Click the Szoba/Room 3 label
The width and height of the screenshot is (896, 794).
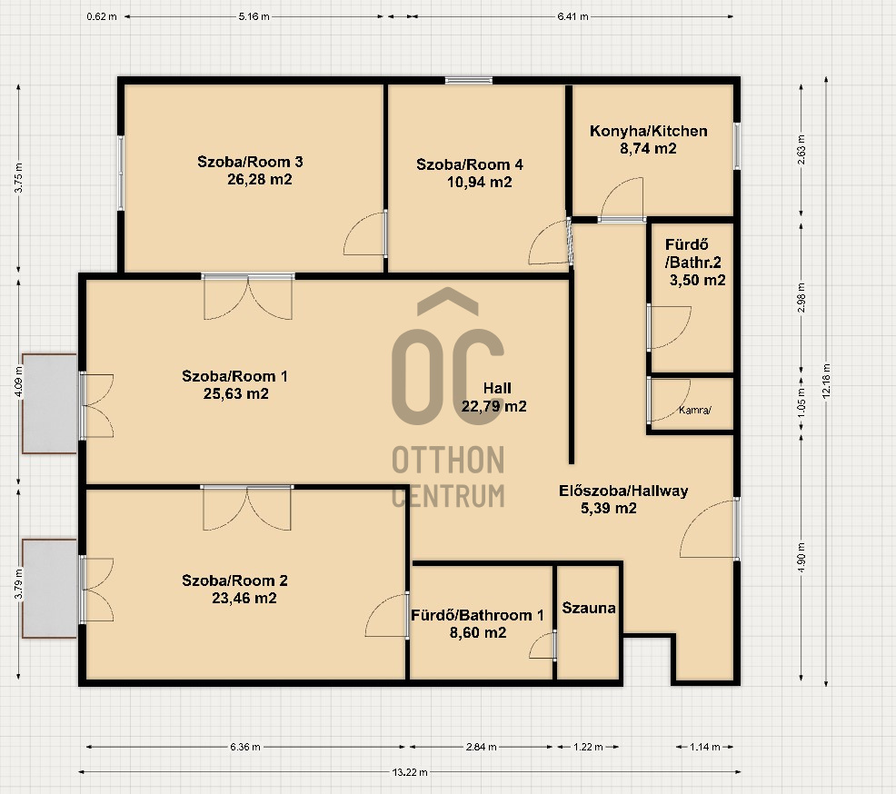250,162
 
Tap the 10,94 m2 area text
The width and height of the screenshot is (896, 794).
480,183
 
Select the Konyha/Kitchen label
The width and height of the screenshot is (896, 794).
649,131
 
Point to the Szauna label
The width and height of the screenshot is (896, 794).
589,608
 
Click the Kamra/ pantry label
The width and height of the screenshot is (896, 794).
695,410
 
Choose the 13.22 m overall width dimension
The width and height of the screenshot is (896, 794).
410,772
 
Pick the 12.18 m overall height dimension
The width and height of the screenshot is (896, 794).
826,381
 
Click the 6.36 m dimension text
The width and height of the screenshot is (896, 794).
245,747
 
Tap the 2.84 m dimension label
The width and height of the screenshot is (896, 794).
481,747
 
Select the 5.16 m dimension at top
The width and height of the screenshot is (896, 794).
254,16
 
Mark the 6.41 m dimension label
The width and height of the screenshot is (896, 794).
572,16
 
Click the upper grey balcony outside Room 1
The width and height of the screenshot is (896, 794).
50,404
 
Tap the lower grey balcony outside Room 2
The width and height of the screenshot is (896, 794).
50,589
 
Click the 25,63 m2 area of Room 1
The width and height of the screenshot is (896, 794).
236,393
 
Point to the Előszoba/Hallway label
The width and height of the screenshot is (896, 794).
623,491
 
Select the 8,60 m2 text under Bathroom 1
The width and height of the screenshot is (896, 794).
478,632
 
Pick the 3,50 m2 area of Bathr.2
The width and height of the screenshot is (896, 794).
698,281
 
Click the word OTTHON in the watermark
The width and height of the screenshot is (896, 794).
448,460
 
